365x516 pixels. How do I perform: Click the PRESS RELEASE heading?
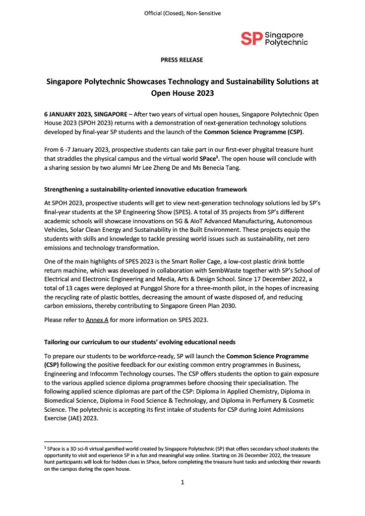182,60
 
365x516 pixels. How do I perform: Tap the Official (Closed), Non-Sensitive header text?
182,13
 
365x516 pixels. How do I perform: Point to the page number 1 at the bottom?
182,482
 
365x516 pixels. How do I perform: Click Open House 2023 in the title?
182,93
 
